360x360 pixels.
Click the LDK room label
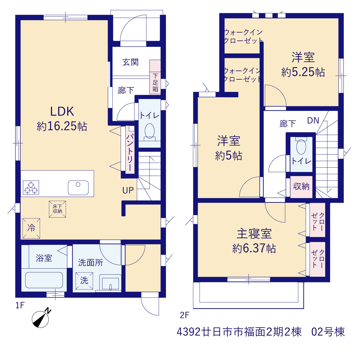[62, 112]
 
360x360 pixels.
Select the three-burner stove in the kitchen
[31, 188]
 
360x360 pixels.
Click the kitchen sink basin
[78, 188]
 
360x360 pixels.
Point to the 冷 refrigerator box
[31, 228]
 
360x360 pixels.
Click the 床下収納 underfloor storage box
[57, 209]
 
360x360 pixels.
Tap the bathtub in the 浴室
[44, 280]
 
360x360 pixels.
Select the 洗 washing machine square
[84, 281]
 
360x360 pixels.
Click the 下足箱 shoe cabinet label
[155, 83]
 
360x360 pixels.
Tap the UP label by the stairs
[128, 190]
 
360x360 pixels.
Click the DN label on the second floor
[313, 121]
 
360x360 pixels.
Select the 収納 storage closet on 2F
[301, 187]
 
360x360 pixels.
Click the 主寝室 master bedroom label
[254, 234]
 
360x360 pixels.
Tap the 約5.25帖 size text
[303, 72]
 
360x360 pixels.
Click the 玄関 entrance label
[130, 62]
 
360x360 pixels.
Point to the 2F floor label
[184, 315]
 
